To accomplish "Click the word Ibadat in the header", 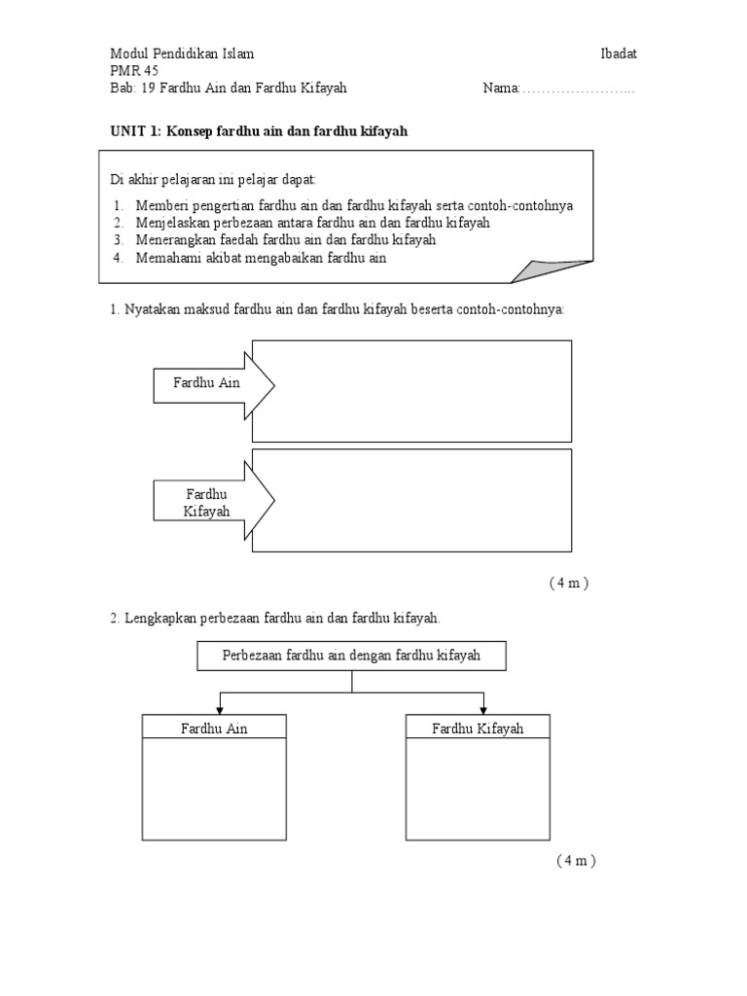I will tap(619, 53).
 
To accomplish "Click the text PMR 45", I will tap(134, 71).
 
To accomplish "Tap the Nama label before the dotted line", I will tap(500, 89).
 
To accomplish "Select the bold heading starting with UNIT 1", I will tap(257, 131).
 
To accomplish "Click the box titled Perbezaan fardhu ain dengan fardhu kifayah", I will tap(351, 657).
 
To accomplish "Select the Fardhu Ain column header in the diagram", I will tap(214, 728).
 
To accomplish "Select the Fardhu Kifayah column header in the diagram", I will tap(478, 728).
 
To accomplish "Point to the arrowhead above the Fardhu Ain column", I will tap(221, 710).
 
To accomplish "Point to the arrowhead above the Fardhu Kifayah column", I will tap(483, 710).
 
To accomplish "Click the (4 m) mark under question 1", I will tap(569, 584).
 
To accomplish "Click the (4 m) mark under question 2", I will tap(576, 861).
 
